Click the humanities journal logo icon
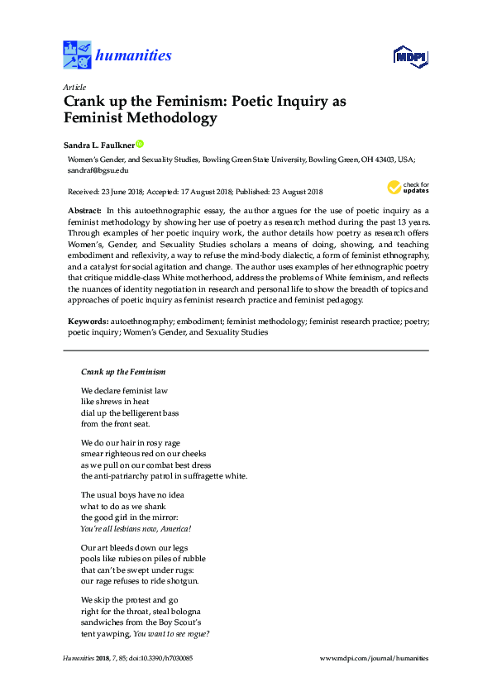78,55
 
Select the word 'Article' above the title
73,87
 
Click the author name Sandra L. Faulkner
98,143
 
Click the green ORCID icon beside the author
141,143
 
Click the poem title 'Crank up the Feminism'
123,372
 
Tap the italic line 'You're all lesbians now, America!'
136,528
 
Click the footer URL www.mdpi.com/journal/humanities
373,658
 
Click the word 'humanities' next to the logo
134,55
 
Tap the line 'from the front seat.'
115,424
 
